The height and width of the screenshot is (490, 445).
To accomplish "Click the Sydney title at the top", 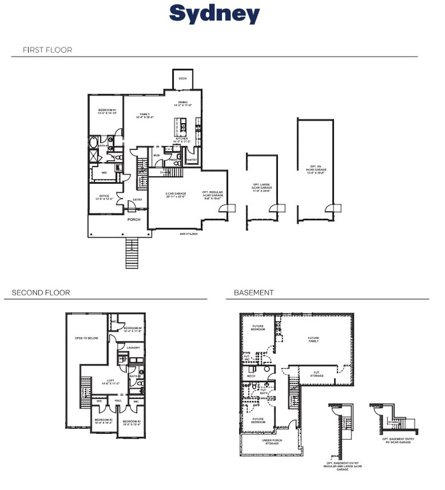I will point(214,13).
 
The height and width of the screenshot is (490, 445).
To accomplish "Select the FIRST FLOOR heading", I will point(47,50).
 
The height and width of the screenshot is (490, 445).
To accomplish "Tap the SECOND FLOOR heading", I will point(41,293).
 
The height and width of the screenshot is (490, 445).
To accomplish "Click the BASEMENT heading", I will point(254,293).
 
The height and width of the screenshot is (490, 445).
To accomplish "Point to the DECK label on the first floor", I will point(182,78).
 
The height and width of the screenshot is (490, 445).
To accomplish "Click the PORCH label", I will point(134,219).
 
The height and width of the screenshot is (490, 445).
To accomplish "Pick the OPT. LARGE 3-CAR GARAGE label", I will point(261,187).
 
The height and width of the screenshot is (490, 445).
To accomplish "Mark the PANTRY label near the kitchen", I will point(191,160).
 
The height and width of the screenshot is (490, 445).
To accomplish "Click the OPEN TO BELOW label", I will point(86,338).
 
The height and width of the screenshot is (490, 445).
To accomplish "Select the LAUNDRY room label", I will point(133,348).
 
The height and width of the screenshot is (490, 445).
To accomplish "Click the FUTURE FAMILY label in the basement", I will point(314,339).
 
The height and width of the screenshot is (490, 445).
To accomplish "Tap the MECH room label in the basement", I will point(251,376).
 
